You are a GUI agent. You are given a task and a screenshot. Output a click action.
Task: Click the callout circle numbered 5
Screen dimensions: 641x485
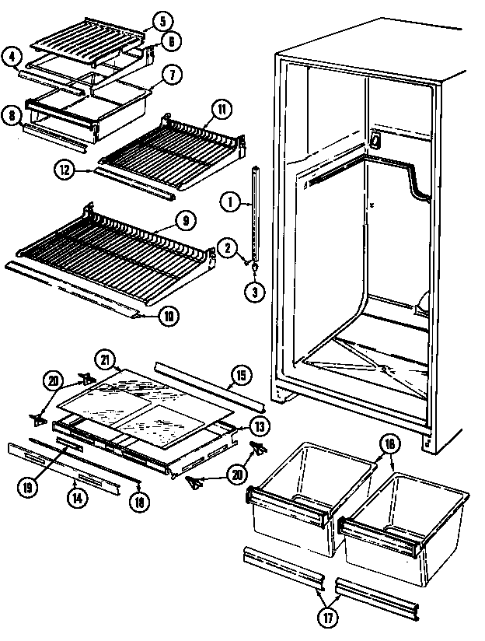click(160, 20)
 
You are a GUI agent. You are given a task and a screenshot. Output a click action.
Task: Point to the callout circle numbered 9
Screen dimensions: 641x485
click(184, 220)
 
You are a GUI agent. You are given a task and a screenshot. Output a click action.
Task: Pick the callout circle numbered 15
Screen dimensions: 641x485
click(240, 376)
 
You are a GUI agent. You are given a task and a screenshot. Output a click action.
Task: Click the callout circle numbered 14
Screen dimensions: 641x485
click(75, 499)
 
